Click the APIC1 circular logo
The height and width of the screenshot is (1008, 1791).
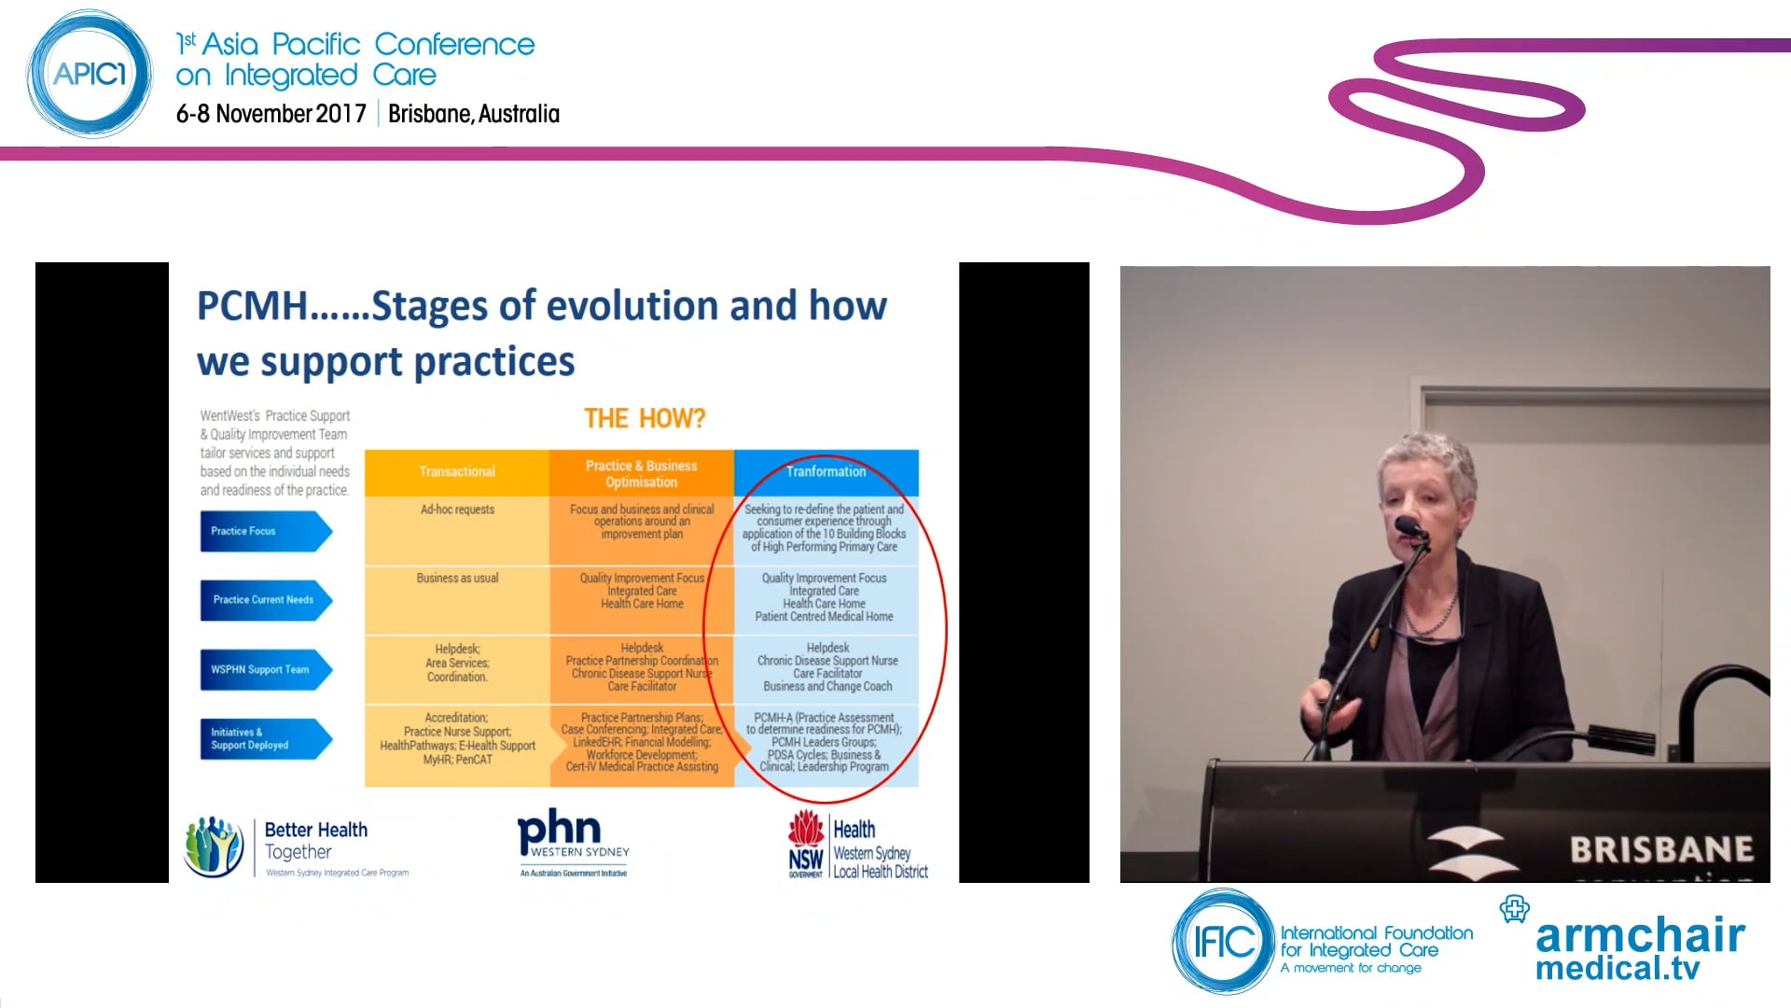[89, 74]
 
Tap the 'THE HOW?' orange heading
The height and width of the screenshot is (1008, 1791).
[645, 419]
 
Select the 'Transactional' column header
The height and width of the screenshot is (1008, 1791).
[457, 472]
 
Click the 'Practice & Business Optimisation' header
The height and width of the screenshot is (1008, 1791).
[641, 474]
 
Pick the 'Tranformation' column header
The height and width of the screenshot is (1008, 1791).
[826, 472]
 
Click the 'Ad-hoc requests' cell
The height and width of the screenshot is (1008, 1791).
[457, 510]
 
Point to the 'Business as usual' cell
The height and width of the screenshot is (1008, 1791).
[457, 579]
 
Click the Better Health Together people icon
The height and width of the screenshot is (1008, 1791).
[214, 846]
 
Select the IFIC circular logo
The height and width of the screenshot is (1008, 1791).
[1223, 942]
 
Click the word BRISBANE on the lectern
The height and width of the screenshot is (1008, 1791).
[1661, 849]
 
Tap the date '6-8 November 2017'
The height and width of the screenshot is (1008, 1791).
[271, 114]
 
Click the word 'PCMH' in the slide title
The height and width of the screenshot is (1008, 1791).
[252, 306]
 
